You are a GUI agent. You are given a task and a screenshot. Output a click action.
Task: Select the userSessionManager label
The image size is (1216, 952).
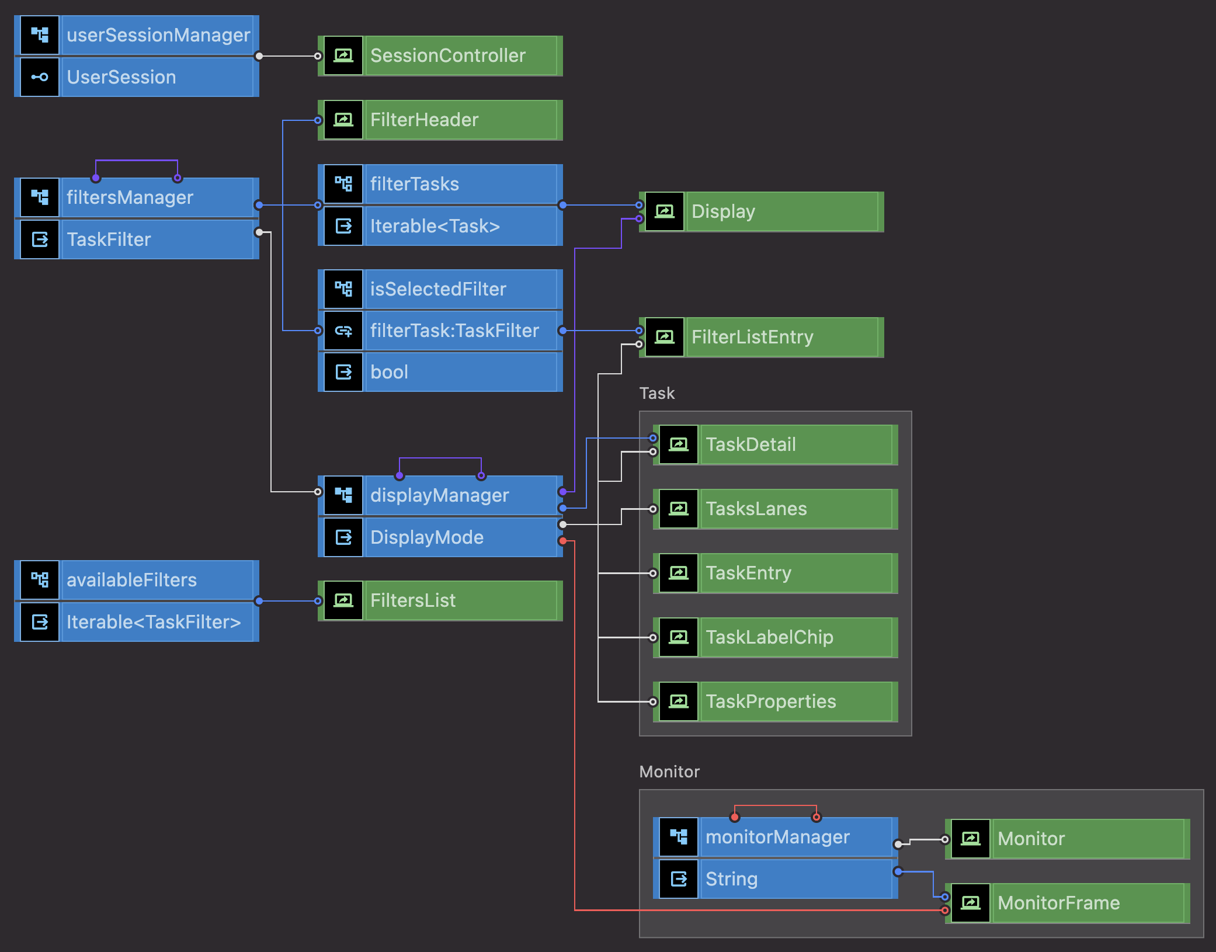[x=158, y=35]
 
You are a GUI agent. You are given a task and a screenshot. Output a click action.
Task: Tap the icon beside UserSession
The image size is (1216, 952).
[x=40, y=77]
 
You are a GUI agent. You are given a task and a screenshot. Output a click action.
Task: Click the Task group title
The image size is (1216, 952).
[x=657, y=393]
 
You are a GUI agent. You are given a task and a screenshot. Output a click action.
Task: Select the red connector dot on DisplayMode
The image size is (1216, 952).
[x=562, y=541]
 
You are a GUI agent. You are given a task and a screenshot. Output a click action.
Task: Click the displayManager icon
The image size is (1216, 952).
[x=343, y=495]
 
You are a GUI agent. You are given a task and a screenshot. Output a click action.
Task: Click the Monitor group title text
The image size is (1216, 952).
[x=669, y=772]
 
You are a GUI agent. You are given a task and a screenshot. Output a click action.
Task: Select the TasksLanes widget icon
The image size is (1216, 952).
[x=679, y=509]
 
